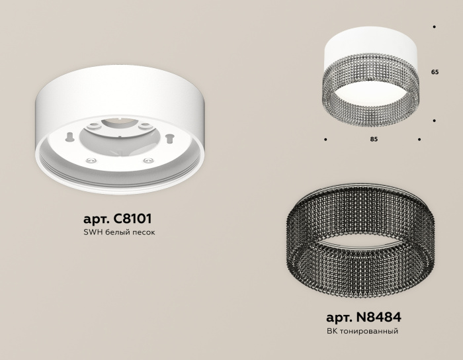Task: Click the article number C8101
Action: click(137, 218)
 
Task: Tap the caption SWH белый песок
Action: click(120, 233)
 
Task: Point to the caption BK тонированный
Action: click(362, 331)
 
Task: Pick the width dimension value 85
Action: click(373, 140)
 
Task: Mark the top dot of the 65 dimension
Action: click(434, 27)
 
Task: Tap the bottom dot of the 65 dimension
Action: click(434, 120)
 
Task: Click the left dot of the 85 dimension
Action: click(325, 140)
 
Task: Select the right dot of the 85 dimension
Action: click(419, 140)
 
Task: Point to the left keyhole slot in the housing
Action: click(69, 137)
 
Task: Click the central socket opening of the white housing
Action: click(119, 132)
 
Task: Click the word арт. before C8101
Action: click(97, 218)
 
